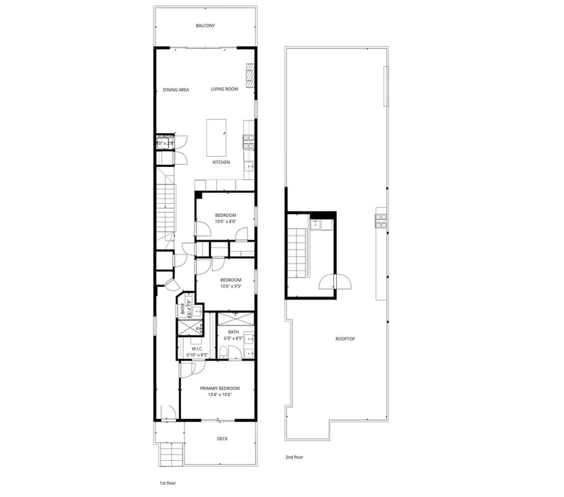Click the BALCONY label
pos(205,26)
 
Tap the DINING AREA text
pos(176,90)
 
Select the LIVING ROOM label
pos(225,89)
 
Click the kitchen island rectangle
pos(216,138)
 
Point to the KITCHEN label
pos(221,162)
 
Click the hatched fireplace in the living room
pos(250,75)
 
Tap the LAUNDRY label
pos(166,137)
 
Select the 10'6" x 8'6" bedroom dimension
pos(226,221)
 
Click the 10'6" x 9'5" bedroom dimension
pos(231,286)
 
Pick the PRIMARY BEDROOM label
pos(220,388)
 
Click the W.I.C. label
pos(197,349)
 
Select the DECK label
pos(222,439)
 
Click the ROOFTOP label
pos(345,339)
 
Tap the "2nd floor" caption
pos(294,457)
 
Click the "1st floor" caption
pos(168,483)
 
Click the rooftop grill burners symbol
pos(382,221)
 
